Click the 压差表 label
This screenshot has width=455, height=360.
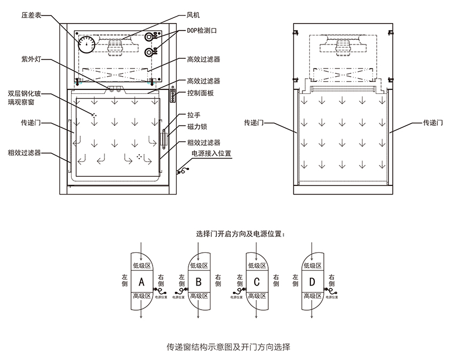[x=32, y=17]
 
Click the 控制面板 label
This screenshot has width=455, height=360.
[x=201, y=93]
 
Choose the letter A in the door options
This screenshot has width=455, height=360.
[x=141, y=282]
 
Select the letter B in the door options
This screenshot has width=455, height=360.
[x=198, y=282]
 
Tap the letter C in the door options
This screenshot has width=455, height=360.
[x=256, y=282]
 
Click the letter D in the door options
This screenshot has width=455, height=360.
[x=313, y=282]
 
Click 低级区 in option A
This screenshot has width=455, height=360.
[x=141, y=266]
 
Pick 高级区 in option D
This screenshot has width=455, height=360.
[x=313, y=296]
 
